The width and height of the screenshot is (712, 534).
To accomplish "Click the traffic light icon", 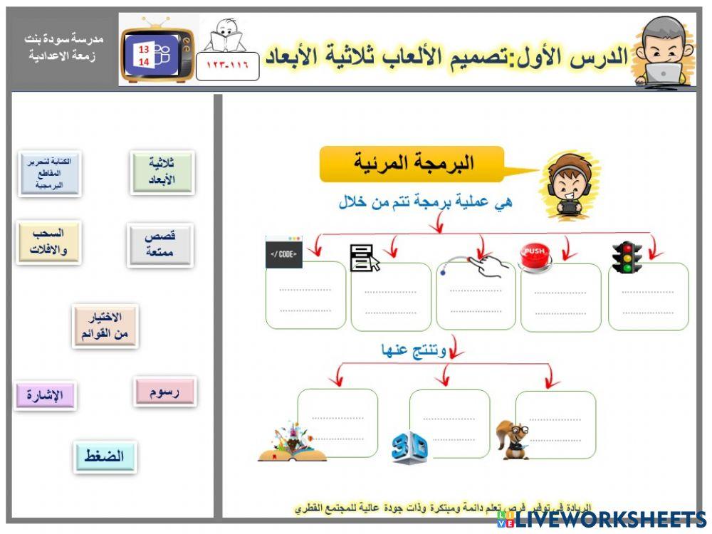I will coord(627,258).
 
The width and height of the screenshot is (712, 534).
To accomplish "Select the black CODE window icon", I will coord(283,253).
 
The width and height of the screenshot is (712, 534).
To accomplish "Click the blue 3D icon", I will coord(409,448).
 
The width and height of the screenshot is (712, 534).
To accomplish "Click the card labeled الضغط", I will coord(104,456).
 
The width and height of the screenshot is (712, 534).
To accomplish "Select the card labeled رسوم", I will coord(164,392).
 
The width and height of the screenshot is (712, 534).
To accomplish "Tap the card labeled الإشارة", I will coord(45,395).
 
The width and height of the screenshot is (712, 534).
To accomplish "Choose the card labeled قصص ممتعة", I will coord(159,244).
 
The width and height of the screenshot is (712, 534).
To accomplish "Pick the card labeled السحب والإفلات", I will coord(48,242).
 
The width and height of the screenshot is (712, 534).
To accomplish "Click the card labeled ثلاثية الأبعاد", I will coord(162,172).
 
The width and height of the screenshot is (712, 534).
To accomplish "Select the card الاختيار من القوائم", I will coord(104,326).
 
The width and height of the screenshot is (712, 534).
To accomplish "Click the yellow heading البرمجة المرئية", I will coord(413,164).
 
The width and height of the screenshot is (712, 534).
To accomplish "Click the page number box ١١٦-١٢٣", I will coord(227,66).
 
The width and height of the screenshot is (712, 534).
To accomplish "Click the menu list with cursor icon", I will coord(364,257).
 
